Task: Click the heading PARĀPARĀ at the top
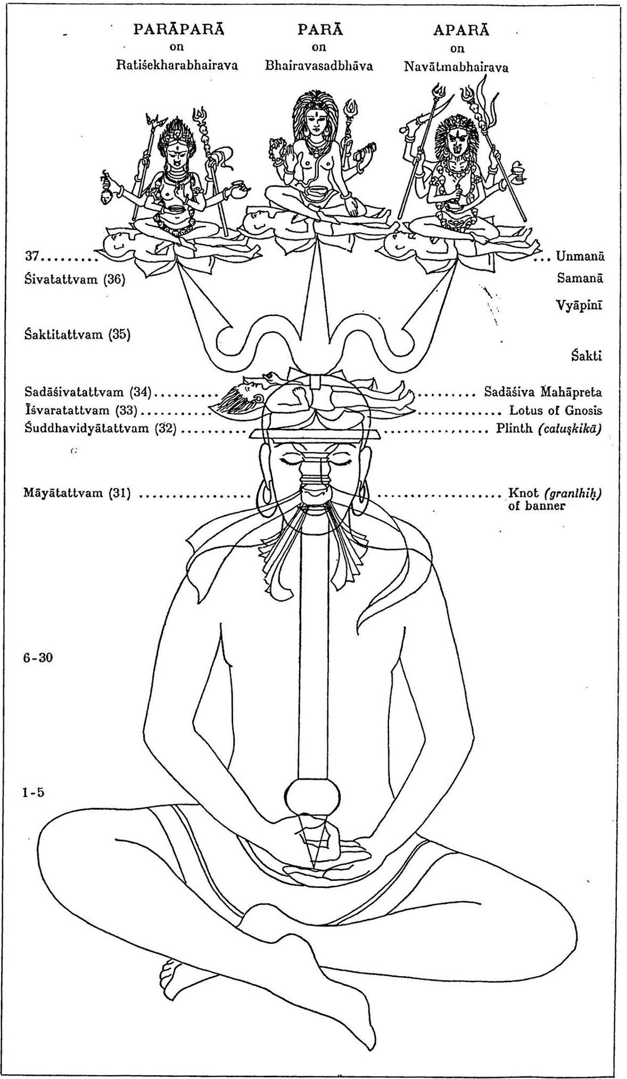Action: tap(179, 29)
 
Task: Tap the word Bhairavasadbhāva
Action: tap(318, 66)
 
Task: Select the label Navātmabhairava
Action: tap(456, 67)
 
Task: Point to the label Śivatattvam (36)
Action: tap(75, 279)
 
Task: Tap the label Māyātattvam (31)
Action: tap(78, 493)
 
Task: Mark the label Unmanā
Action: tap(580, 256)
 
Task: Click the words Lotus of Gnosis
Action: tap(556, 411)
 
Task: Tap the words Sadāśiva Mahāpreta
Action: tap(543, 393)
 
